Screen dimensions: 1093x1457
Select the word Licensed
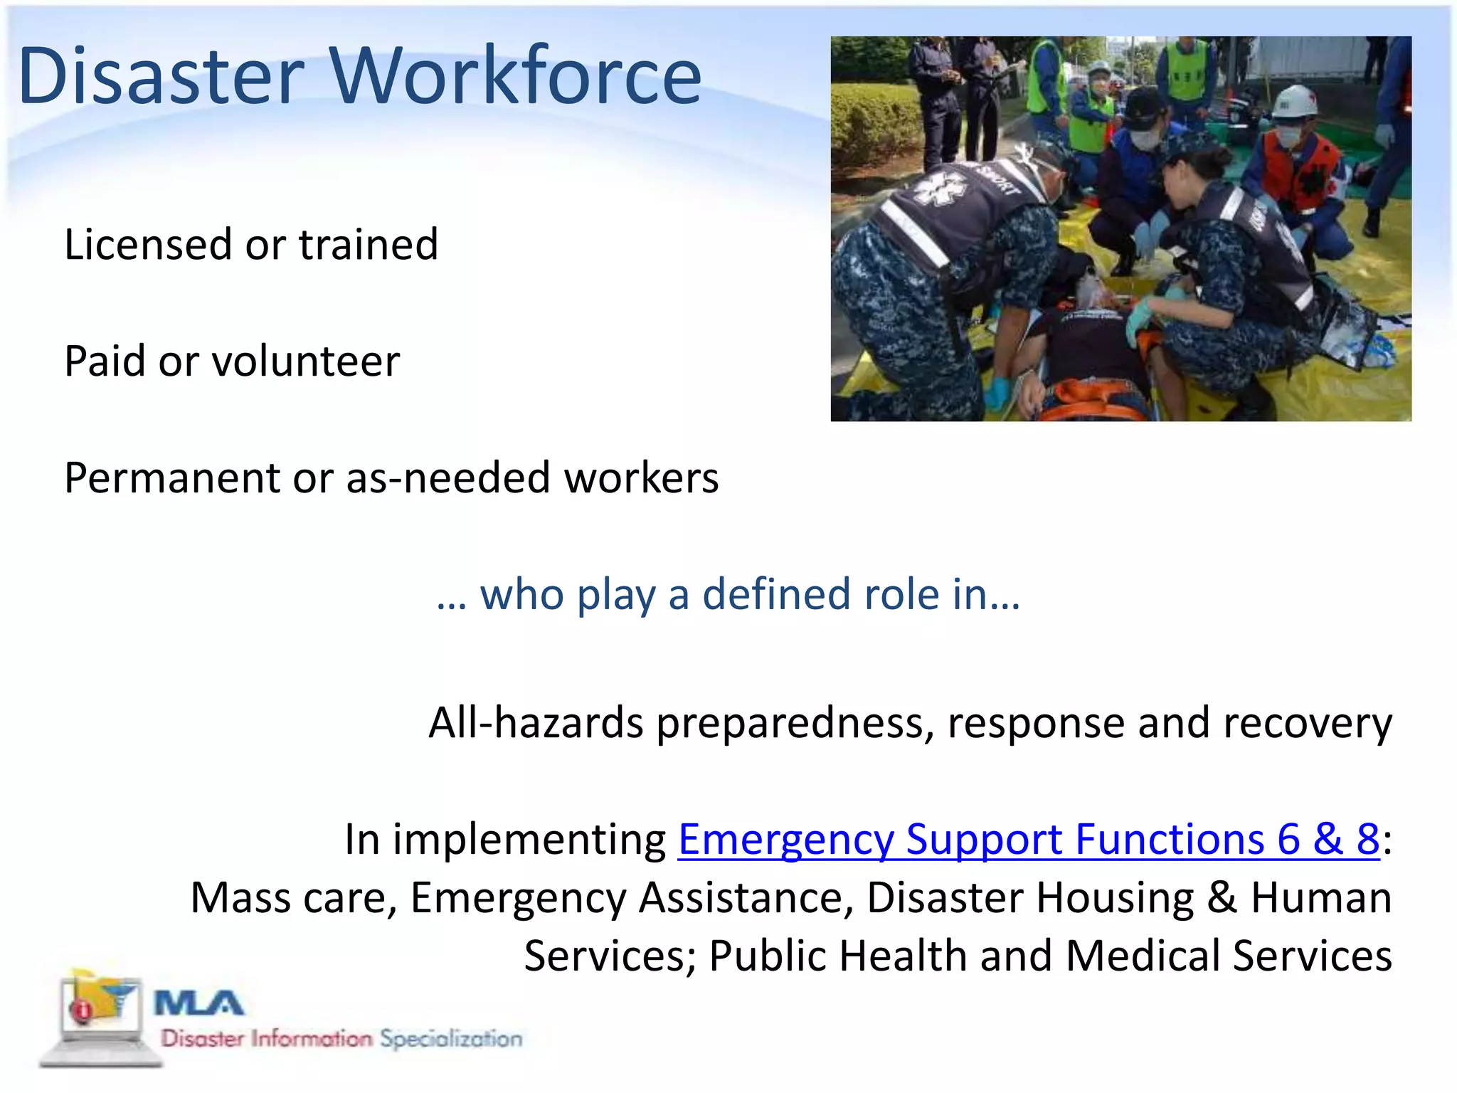[x=148, y=245]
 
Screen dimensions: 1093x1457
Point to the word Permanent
[x=171, y=478]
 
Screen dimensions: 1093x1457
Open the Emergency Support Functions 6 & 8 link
[x=1028, y=840]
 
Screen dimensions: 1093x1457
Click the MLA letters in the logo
[x=198, y=1004]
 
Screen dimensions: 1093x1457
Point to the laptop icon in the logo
[x=100, y=1018]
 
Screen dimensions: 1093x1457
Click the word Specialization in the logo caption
[x=450, y=1039]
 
